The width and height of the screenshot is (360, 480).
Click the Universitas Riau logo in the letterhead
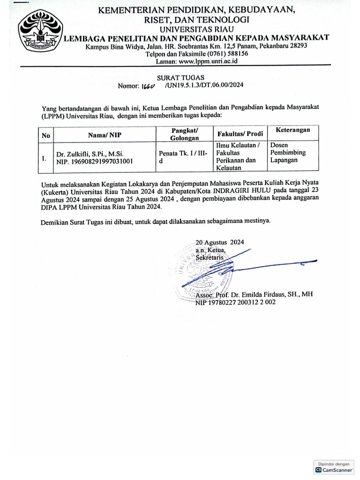click(40, 33)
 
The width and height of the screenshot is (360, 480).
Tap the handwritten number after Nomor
click(149, 86)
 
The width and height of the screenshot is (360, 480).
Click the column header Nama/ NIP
click(105, 135)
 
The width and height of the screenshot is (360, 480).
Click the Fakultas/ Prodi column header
click(240, 134)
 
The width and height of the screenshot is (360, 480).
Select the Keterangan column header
click(293, 130)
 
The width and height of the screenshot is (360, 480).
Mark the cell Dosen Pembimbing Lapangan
click(288, 153)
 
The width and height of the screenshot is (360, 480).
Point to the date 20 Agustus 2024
click(220, 242)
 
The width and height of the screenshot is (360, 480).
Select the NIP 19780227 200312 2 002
click(236, 303)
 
